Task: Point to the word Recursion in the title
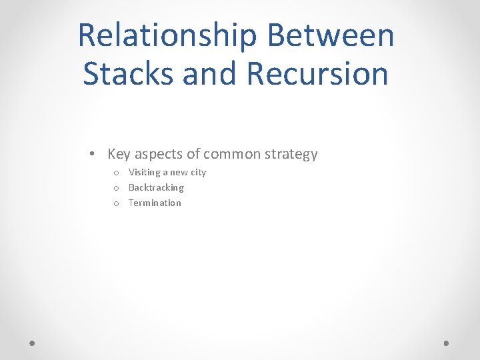317,73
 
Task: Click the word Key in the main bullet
119,154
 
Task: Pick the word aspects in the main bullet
159,155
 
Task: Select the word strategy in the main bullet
291,155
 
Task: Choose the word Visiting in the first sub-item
144,172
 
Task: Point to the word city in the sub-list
199,172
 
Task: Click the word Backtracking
156,187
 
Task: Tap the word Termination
155,203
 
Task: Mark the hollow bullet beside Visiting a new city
116,173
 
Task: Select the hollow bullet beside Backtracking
116,188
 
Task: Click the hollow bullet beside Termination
116,203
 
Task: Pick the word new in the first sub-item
179,173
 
